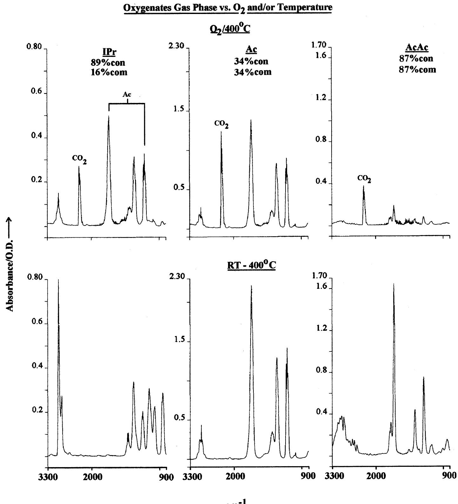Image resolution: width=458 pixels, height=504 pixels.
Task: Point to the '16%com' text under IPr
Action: [x=109, y=72]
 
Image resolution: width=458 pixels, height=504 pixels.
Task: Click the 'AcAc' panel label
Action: [x=417, y=48]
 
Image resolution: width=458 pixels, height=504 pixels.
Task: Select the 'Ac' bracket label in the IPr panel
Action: [x=127, y=94]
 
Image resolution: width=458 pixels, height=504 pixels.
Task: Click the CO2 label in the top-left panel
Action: [x=79, y=160]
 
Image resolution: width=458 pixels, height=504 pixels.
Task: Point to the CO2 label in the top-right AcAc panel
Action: [x=364, y=179]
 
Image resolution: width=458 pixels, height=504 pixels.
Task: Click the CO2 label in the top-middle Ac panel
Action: [x=221, y=124]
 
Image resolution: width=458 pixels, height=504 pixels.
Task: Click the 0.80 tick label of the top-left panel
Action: [x=34, y=47]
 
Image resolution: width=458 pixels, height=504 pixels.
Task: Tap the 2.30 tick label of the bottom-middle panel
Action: [x=177, y=276]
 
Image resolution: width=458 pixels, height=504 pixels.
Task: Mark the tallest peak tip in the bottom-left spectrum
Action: [x=58, y=280]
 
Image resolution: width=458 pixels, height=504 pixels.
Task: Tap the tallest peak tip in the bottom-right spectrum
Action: [x=394, y=284]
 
